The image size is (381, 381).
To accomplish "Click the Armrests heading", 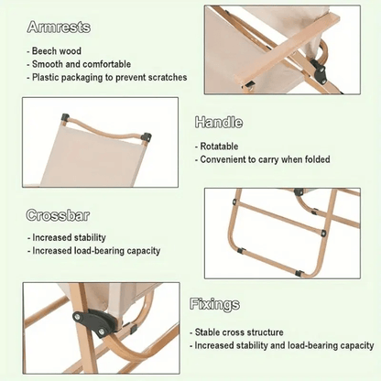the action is [x=59, y=27].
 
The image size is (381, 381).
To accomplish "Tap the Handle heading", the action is [x=219, y=122].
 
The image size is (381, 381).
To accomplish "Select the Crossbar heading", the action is [x=58, y=215].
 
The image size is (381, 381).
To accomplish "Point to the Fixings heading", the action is [x=214, y=304].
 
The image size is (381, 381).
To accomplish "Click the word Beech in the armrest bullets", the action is [x=44, y=51].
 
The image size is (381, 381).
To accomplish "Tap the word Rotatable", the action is [x=219, y=147].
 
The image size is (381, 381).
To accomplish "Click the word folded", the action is [x=317, y=159].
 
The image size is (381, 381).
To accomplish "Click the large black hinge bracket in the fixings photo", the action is [x=94, y=322].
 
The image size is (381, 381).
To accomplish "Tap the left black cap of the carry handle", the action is [x=65, y=117].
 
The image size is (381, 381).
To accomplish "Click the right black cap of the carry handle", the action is [x=147, y=136].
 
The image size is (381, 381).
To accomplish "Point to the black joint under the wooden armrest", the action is [x=318, y=70].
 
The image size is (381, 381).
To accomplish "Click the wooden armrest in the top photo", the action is [x=287, y=49].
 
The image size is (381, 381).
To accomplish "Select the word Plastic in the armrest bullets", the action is [x=45, y=77].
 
